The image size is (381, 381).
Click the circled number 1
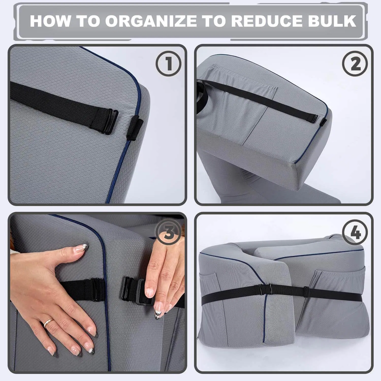point(168,63)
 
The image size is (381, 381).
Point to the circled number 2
point(355,63)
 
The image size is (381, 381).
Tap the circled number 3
point(168,232)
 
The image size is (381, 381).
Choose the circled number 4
point(355,232)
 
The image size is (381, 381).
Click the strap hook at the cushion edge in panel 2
point(323,121)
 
